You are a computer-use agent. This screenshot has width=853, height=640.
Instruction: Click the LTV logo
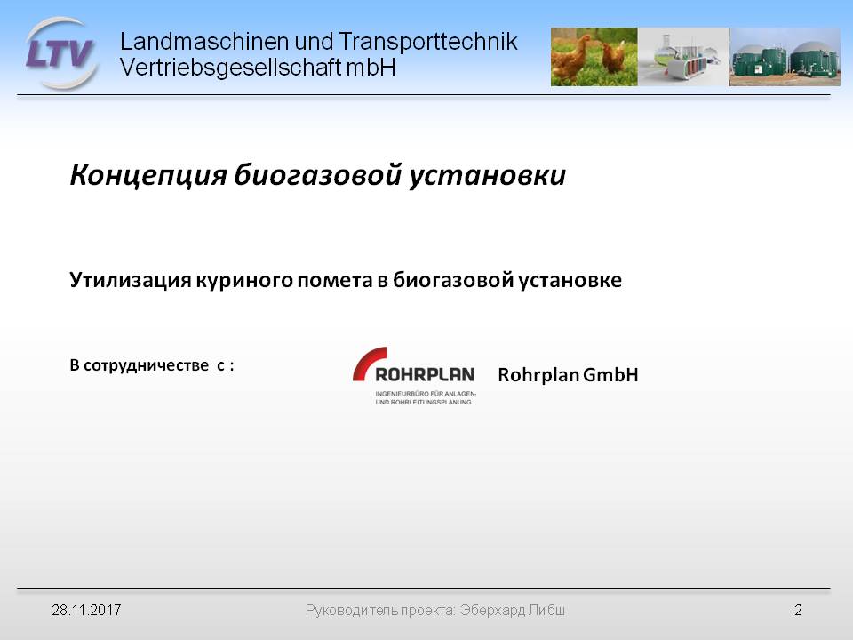[x=61, y=53]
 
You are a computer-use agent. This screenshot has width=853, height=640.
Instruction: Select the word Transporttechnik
[x=427, y=42]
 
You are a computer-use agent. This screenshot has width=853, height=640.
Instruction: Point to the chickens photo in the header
[x=594, y=57]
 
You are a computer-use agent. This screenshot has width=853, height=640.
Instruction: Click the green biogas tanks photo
[x=785, y=57]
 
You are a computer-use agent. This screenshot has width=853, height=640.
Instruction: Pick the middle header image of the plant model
[x=683, y=57]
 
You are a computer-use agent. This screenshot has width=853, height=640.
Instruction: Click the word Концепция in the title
[x=148, y=175]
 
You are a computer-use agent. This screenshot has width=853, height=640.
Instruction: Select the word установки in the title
[x=487, y=175]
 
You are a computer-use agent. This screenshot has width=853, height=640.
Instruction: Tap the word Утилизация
[x=131, y=280]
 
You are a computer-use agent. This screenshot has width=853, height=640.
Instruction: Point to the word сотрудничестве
[x=146, y=365]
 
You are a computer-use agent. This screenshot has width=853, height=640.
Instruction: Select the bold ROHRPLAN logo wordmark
[x=425, y=374]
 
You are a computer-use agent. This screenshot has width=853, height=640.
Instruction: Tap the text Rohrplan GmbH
[x=568, y=374]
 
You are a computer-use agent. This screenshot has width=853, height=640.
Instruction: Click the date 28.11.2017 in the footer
[x=86, y=610]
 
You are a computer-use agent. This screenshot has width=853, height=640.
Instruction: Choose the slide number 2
[x=798, y=610]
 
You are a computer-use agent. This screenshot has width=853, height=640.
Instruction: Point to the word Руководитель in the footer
[x=351, y=611]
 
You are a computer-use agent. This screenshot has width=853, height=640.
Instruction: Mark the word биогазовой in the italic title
[x=318, y=175]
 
